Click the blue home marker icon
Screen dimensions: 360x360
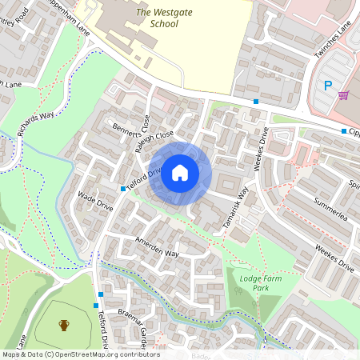click(180, 172)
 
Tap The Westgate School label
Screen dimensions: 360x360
click(156, 18)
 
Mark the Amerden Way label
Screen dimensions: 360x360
click(156, 249)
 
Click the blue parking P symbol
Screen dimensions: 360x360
click(326, 86)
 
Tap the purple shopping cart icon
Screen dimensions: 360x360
click(343, 94)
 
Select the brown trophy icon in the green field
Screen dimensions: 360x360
click(63, 325)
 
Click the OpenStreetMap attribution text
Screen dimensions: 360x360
click(80, 354)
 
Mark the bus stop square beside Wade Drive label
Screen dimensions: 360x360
click(122, 189)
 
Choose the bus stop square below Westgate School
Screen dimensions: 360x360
click(256, 102)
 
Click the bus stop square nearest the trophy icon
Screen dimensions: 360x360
click(98, 305)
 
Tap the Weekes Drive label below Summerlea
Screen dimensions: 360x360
click(335, 257)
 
